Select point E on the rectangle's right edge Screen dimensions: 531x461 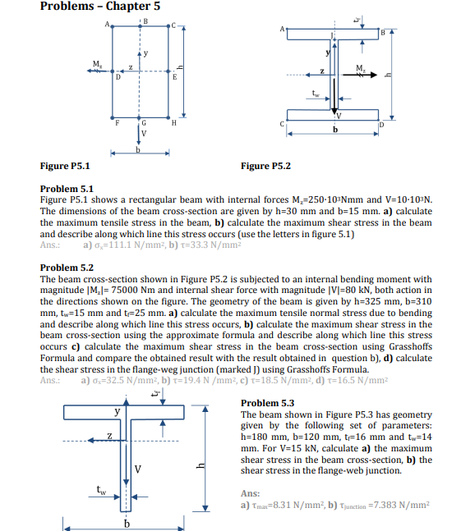(173, 73)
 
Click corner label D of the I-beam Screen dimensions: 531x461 (383, 125)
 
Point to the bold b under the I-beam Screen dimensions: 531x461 (334, 129)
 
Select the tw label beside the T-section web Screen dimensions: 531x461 (102, 492)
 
